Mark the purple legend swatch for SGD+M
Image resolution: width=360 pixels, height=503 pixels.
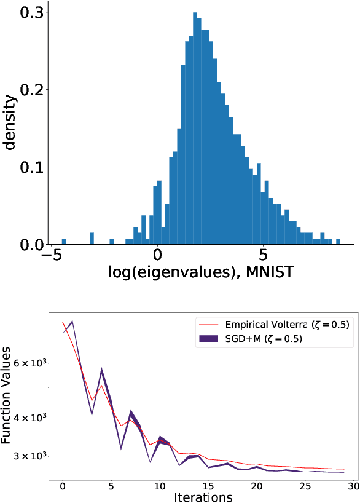[209, 338]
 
